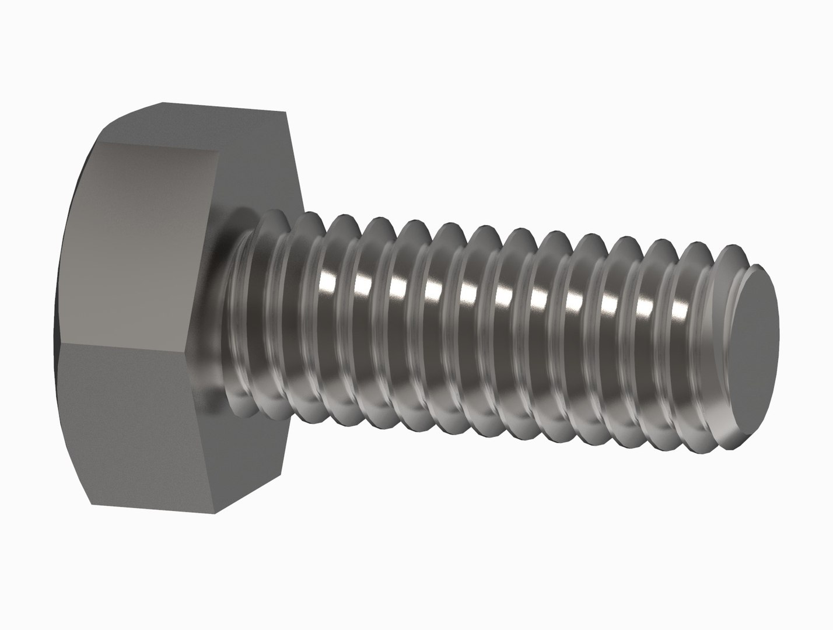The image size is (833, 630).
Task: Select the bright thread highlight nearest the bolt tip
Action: [x=680, y=307]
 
